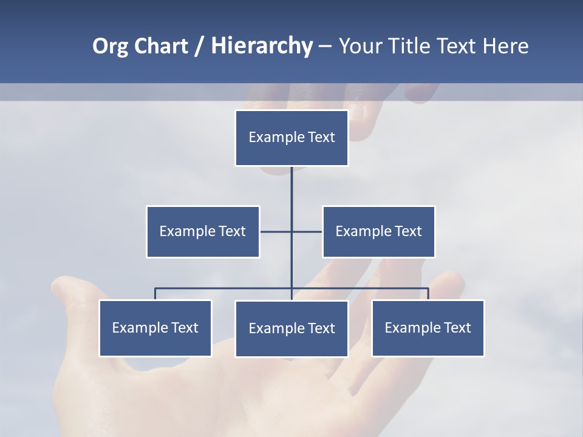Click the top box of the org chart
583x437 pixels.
[x=291, y=138]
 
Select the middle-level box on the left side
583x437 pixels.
[x=203, y=231]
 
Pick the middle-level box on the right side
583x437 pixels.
[x=378, y=231]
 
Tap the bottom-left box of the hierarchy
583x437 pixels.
[x=155, y=328]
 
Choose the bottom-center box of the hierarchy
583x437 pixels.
[x=291, y=328]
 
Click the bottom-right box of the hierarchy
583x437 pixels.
[x=428, y=328]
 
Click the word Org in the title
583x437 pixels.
[x=110, y=46]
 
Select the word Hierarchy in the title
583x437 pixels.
[x=262, y=46]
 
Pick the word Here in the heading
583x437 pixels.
[x=505, y=46]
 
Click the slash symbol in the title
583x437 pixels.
[x=199, y=46]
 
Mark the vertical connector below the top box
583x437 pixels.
[x=291, y=188]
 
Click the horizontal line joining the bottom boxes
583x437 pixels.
[x=225, y=288]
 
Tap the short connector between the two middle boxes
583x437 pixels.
[x=276, y=231]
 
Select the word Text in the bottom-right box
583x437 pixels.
[x=457, y=328]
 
